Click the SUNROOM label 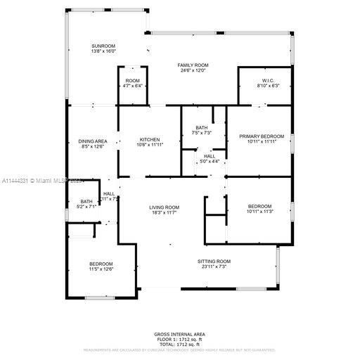pos(103,46)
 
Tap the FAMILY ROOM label pos(193,65)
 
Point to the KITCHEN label pos(150,140)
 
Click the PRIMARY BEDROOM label pos(262,136)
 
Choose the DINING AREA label pos(93,141)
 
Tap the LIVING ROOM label pos(164,207)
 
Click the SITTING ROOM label pos(214,261)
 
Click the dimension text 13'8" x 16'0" pos(103,52)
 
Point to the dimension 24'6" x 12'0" pos(193,71)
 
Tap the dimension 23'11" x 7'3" pos(214,266)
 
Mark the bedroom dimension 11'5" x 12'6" pos(101,269)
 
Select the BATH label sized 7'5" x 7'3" pos(202,127)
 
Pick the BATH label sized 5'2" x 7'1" pos(86,202)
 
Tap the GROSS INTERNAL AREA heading pos(180,334)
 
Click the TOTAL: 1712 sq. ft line pos(180,344)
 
